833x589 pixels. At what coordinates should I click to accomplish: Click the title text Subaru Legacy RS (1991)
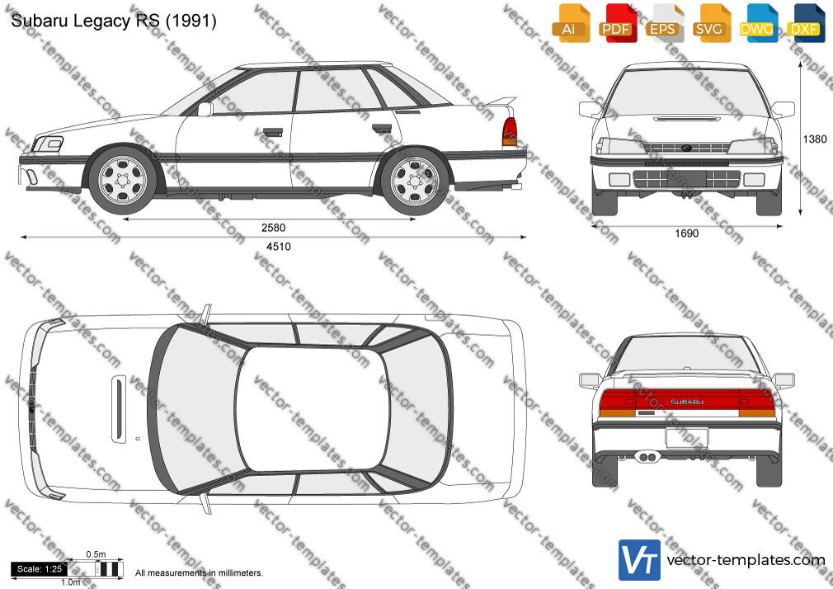click(x=114, y=21)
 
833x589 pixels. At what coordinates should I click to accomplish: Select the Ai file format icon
click(x=571, y=23)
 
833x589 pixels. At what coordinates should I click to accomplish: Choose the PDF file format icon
click(x=618, y=23)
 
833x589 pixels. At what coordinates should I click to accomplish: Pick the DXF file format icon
click(x=806, y=23)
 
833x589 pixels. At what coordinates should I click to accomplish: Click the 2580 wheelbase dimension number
click(x=273, y=228)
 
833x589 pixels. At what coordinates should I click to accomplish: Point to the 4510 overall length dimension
click(x=279, y=247)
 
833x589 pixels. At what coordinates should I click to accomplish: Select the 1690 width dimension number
click(x=686, y=233)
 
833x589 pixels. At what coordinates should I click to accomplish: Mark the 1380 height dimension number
click(x=814, y=139)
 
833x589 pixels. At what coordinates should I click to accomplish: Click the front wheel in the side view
click(x=123, y=180)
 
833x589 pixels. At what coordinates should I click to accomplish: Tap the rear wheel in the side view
click(x=415, y=181)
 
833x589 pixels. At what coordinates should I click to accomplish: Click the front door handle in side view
click(x=272, y=132)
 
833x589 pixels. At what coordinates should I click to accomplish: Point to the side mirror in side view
click(x=205, y=109)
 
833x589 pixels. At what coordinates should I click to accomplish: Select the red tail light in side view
click(x=510, y=131)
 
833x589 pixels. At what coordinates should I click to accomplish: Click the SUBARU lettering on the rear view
click(x=687, y=402)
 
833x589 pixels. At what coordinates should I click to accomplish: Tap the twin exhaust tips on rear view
click(x=647, y=457)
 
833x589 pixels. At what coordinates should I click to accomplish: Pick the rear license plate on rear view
click(x=687, y=438)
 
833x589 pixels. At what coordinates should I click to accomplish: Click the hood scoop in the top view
click(x=119, y=409)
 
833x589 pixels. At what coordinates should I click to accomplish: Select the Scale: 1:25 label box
click(x=40, y=569)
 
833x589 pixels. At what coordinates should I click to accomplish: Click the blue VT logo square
click(x=640, y=560)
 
